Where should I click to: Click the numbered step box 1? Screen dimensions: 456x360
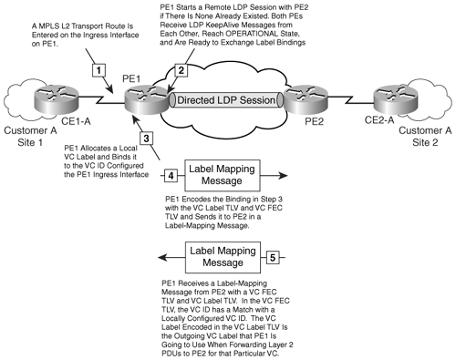point(98,70)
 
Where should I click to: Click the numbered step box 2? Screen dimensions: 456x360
point(181,70)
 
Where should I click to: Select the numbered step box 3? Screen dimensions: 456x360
point(146,139)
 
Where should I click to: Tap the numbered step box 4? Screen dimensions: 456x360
point(171,176)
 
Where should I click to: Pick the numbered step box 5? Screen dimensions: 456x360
point(273,258)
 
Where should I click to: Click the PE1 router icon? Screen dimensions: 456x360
point(147,99)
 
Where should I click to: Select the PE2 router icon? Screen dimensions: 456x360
point(306,99)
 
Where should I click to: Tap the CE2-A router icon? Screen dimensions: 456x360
point(396,99)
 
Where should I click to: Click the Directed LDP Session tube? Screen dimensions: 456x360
point(226,100)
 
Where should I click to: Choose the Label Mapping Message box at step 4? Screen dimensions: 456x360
point(223,175)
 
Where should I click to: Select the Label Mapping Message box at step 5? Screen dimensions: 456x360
point(223,257)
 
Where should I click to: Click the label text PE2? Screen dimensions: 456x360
point(314,121)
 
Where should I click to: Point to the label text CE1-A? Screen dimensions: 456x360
point(76,121)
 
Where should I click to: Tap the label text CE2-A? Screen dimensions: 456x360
point(379,120)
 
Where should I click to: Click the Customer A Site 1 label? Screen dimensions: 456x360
point(30,137)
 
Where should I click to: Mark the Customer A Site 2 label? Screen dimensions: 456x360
point(425,137)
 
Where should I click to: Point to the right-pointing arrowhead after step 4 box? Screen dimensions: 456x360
point(283,175)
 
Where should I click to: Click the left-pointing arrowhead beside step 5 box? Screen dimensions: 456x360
point(163,258)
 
